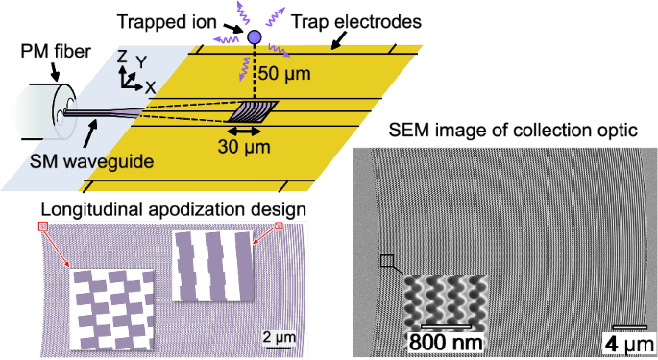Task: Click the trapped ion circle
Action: (x=254, y=37)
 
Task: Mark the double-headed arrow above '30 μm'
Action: (x=247, y=129)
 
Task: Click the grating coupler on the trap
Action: (x=252, y=111)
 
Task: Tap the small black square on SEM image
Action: (x=387, y=260)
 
